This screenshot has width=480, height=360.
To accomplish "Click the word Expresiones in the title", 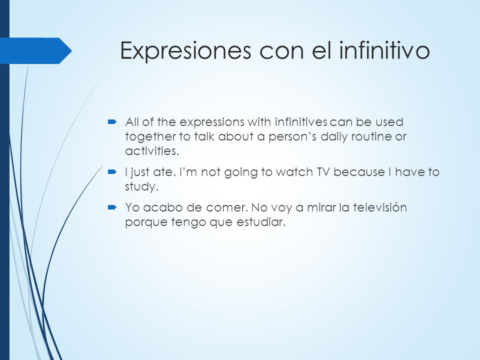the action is (x=185, y=51).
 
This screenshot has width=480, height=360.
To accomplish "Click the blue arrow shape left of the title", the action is (x=36, y=51).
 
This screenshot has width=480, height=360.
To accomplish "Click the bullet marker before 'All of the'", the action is (x=112, y=122).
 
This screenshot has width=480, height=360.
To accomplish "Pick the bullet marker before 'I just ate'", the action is (x=112, y=172).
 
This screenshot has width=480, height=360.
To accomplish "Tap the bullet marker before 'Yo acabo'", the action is (x=112, y=207).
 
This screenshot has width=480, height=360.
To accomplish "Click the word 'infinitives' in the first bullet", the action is (x=301, y=122).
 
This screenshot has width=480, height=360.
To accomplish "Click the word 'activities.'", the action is (x=152, y=151).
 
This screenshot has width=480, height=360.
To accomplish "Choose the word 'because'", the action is (x=359, y=172).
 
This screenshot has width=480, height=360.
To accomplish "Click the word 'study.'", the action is (x=141, y=187).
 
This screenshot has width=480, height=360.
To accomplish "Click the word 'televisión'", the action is (x=379, y=207).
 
